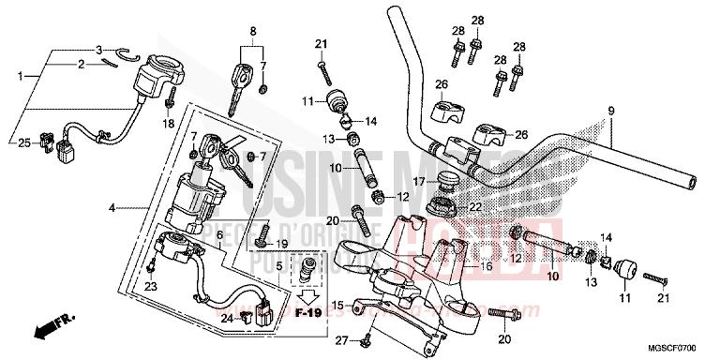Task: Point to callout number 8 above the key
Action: tap(252, 31)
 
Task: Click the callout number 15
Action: tap(337, 305)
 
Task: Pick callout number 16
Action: tap(487, 267)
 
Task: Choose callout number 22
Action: tap(476, 207)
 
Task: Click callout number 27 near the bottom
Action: tap(341, 338)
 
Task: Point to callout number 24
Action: tap(225, 319)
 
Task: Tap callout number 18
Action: tap(168, 124)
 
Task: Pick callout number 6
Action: tap(218, 234)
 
